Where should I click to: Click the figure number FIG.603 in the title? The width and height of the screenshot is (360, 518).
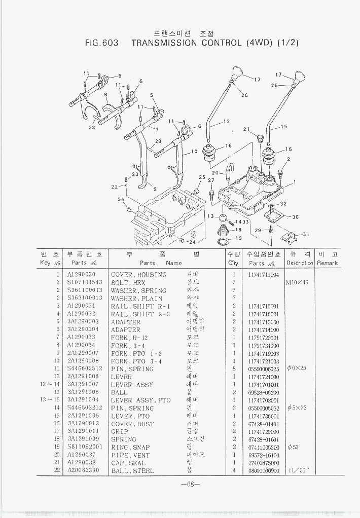[102, 43]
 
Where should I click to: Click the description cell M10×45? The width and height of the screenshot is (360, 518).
[300, 282]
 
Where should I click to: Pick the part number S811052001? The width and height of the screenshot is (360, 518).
[85, 447]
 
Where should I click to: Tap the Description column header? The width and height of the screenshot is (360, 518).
[300, 263]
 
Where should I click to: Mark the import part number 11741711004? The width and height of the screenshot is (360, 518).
[264, 275]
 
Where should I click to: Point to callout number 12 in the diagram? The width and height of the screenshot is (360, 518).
[226, 121]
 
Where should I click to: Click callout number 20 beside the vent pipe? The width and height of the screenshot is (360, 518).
[215, 173]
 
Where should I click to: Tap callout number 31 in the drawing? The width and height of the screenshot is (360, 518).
[305, 234]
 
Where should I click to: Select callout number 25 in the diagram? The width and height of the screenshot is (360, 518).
[202, 177]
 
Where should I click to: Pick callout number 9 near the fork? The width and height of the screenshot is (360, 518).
[155, 189]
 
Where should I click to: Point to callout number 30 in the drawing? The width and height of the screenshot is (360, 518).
[295, 217]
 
